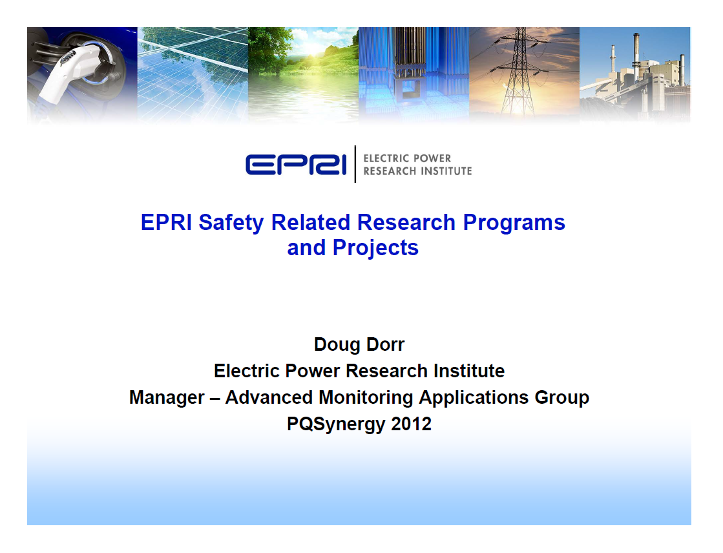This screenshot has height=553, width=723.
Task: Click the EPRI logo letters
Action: click(x=296, y=164)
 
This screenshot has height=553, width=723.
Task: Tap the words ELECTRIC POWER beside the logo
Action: click(x=407, y=158)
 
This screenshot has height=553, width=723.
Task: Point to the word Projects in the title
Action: click(x=375, y=247)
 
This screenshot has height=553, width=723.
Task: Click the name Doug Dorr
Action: click(x=359, y=344)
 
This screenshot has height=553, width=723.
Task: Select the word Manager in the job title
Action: click(x=166, y=397)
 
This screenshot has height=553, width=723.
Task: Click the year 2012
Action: click(x=411, y=424)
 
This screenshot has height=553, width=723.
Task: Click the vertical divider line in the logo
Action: click(x=355, y=164)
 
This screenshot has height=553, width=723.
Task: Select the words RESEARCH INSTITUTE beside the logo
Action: click(x=417, y=171)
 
